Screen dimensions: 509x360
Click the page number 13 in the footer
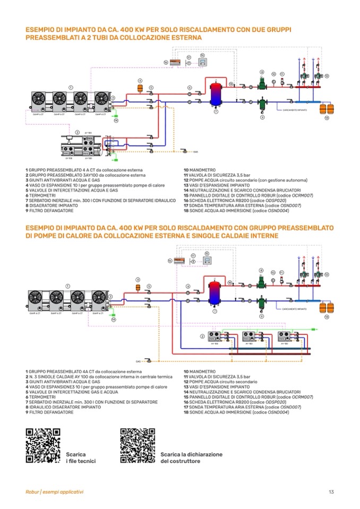(x=331, y=492)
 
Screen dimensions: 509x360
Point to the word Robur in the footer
(x=32, y=492)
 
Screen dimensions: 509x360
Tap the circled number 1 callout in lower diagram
(x=67, y=286)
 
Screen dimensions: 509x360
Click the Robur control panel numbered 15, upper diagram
(x=202, y=62)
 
